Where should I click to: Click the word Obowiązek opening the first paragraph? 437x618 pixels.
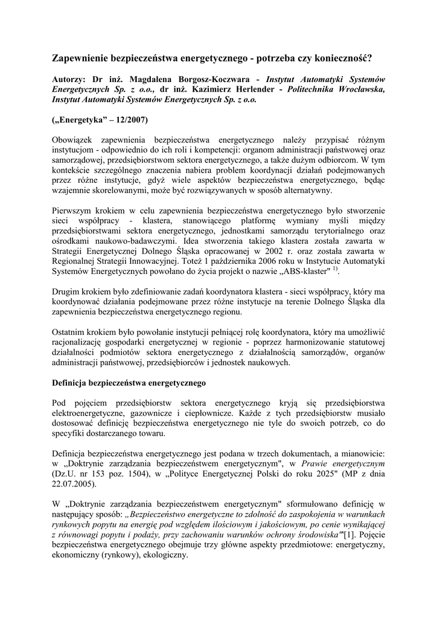[x=75, y=139]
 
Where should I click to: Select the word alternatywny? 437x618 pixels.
[x=306, y=190]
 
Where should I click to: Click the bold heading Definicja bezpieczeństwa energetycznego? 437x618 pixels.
[x=129, y=383]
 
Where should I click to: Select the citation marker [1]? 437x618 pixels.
[x=349, y=536]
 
